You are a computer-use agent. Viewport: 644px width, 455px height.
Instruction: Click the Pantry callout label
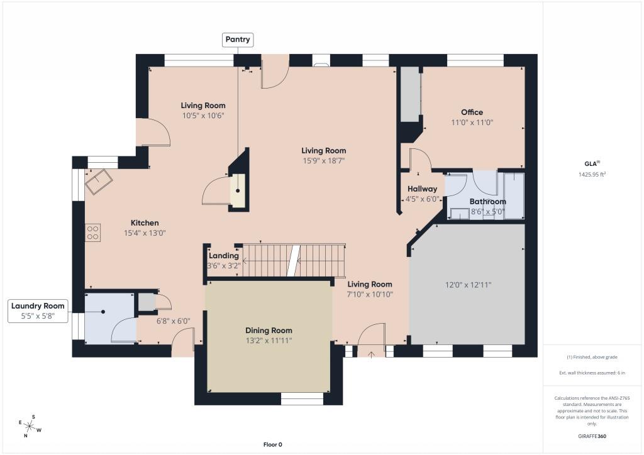point(237,40)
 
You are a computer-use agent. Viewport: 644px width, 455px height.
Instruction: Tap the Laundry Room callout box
point(38,311)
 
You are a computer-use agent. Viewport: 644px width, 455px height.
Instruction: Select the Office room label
point(472,112)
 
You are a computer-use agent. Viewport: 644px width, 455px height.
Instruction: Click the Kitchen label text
point(145,222)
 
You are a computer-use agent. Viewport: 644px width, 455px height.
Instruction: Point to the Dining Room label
point(269,331)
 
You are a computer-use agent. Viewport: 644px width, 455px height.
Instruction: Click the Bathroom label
point(487,202)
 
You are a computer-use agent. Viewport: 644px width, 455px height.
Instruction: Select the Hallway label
point(422,189)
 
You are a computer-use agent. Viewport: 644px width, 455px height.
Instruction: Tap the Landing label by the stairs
point(223,256)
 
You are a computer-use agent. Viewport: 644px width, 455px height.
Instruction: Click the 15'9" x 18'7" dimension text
point(324,161)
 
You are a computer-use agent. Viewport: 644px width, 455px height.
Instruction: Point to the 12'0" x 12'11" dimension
point(468,285)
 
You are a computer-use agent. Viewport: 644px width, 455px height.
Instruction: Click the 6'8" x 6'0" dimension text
point(174,321)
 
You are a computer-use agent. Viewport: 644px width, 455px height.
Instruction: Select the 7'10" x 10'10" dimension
point(370,294)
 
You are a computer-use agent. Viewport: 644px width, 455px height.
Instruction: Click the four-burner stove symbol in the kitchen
point(93,233)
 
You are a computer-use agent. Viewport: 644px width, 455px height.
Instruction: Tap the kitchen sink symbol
point(99,182)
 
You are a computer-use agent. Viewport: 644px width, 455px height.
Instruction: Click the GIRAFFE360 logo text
point(592,436)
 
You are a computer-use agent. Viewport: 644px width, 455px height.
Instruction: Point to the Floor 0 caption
point(273,444)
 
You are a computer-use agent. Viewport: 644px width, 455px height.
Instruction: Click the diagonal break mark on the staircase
point(293,261)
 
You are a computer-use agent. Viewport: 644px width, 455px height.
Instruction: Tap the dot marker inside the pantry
point(238,191)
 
